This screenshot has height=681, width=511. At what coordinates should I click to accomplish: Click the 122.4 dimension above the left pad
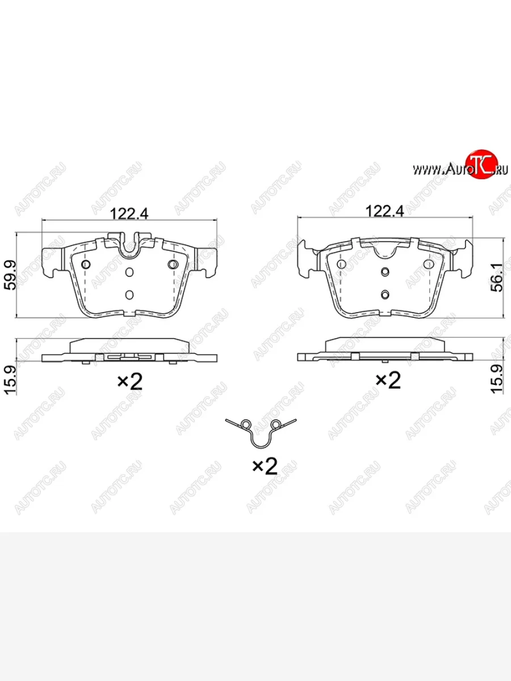point(129,213)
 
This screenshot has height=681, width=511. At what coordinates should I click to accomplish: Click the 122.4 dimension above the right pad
point(384,211)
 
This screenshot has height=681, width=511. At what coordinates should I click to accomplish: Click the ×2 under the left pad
point(129,382)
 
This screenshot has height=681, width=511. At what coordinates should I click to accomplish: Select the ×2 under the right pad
point(388,381)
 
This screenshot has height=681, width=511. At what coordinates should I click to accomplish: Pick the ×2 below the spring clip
point(264,466)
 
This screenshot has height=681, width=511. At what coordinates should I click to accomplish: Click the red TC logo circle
point(481,165)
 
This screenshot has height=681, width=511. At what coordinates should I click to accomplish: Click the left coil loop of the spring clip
point(246,424)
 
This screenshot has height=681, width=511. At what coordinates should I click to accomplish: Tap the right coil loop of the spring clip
point(277,424)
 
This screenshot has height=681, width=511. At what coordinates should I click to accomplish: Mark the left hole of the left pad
point(86,265)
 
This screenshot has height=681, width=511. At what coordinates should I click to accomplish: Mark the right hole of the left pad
point(173,265)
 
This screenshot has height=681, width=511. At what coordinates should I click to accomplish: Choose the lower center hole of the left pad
point(129,294)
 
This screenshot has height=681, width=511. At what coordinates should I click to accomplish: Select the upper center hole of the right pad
point(385,272)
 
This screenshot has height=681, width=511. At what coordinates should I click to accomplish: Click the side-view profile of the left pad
point(129,351)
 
